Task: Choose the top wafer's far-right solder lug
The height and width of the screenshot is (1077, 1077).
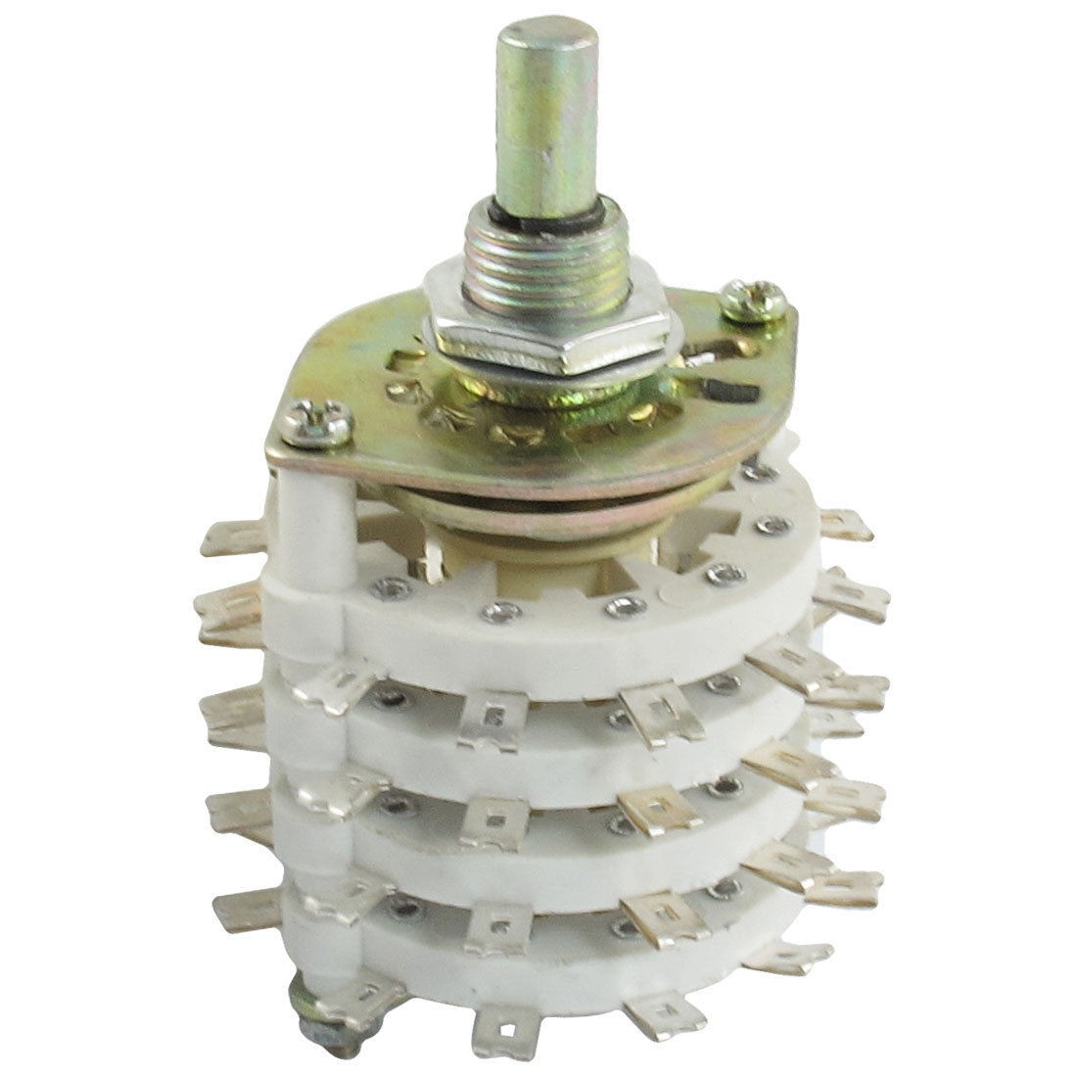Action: pos(844,526)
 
